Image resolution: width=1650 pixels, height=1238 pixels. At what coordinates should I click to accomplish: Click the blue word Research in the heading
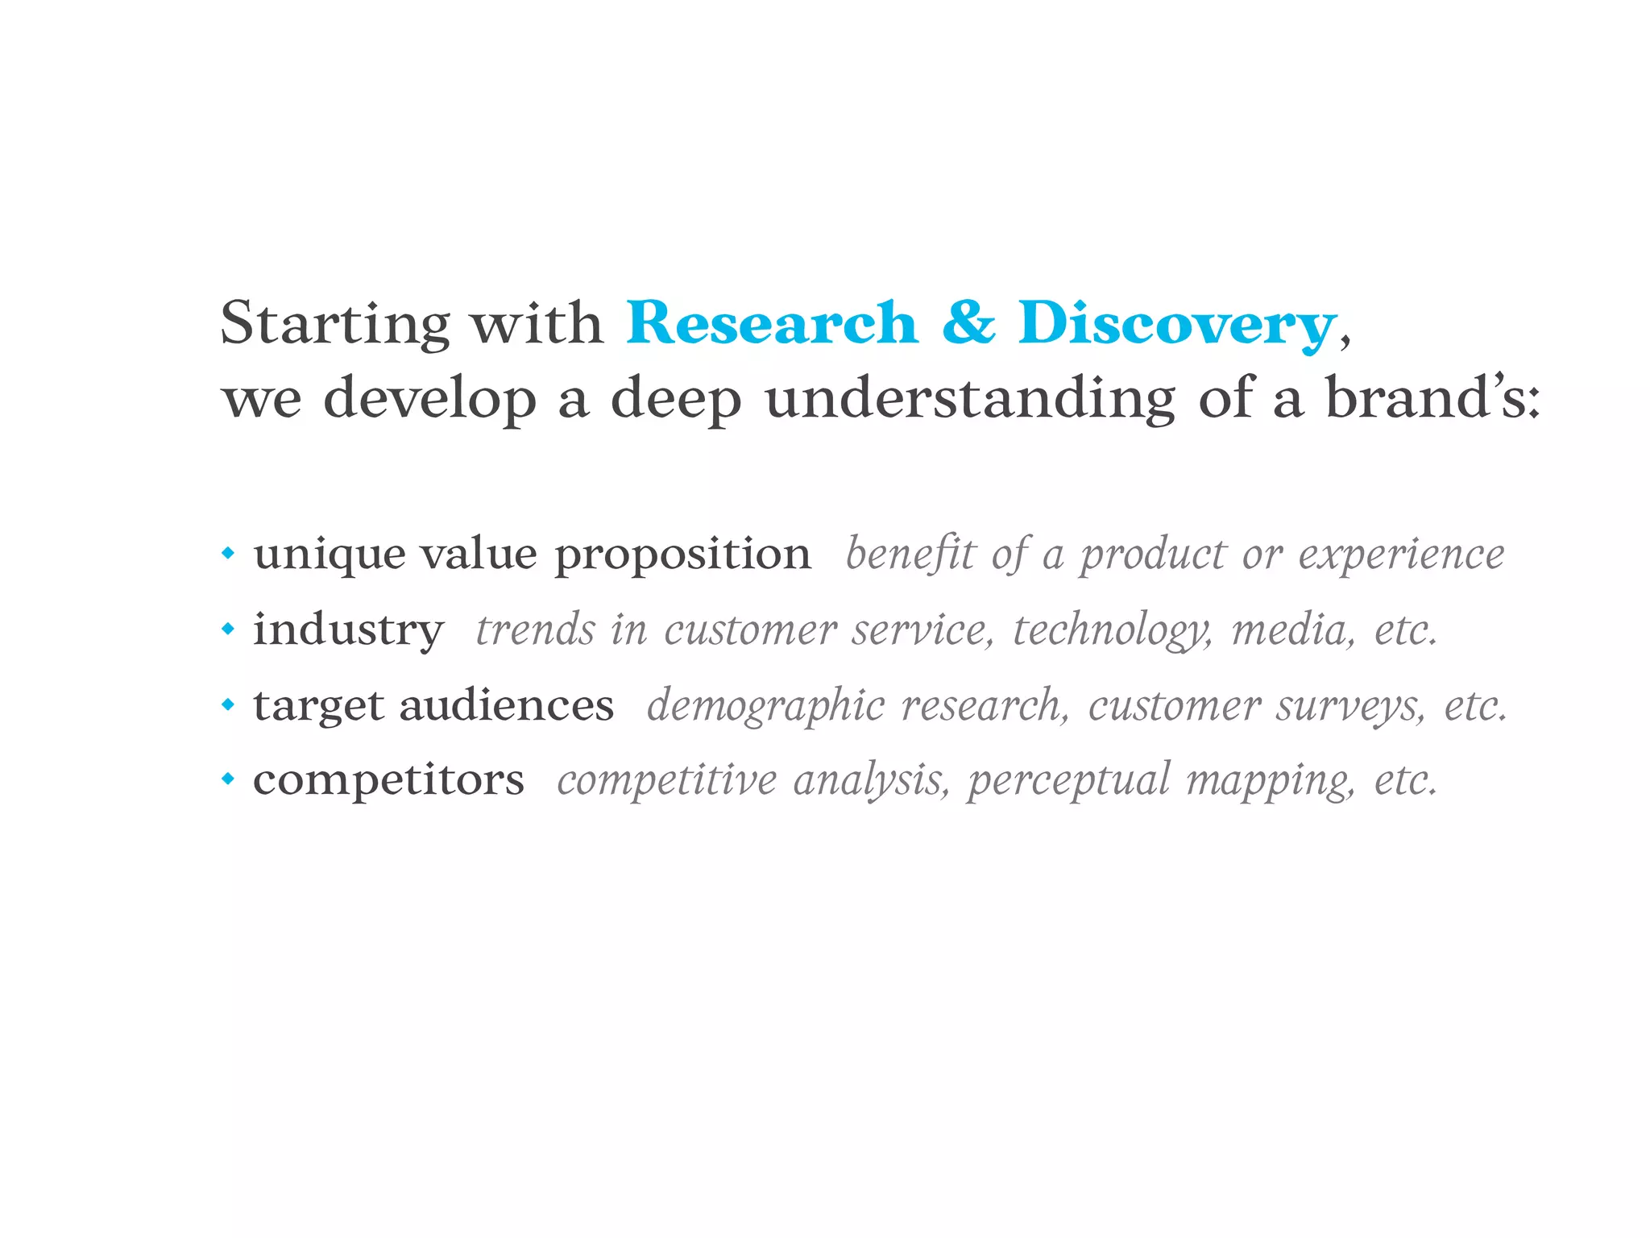pos(772,323)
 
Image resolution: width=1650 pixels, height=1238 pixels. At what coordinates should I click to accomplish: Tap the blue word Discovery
pos(1176,323)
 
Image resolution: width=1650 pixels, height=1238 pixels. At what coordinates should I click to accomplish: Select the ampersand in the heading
pos(968,322)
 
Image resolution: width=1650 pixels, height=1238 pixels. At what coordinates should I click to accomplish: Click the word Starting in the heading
pos(334,323)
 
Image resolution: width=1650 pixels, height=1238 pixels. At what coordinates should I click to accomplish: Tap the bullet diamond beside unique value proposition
pos(229,554)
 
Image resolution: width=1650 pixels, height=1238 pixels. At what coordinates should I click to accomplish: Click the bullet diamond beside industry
pos(229,629)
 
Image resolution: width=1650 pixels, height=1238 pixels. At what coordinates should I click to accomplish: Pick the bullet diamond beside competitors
pos(229,779)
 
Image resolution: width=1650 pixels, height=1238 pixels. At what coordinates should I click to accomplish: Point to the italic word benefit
pos(910,555)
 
